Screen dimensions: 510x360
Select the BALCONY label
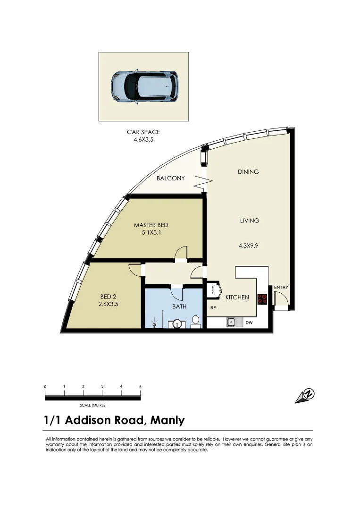pyautogui.click(x=171, y=178)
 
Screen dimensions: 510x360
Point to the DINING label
pyautogui.click(x=248, y=172)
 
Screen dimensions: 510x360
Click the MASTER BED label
pyautogui.click(x=151, y=225)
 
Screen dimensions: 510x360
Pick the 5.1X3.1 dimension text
pyautogui.click(x=151, y=232)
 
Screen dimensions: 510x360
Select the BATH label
pyautogui.click(x=179, y=306)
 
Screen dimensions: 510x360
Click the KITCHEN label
pyautogui.click(x=236, y=297)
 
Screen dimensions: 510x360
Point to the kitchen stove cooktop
pyautogui.click(x=262, y=298)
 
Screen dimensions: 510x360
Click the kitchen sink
pyautogui.click(x=232, y=323)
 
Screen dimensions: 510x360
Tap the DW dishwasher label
pyautogui.click(x=249, y=323)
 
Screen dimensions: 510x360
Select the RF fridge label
pyautogui.click(x=213, y=307)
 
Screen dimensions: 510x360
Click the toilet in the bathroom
pyautogui.click(x=195, y=323)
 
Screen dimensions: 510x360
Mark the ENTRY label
pyautogui.click(x=281, y=287)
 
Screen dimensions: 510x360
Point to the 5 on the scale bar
pyautogui.click(x=140, y=387)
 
